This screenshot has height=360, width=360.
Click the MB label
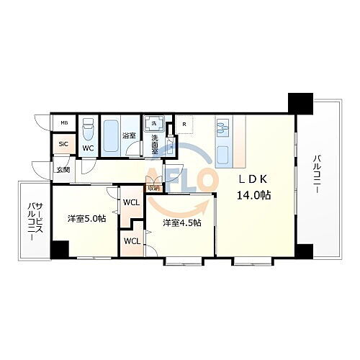pos(63,123)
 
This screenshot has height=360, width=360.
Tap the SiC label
pos(63,144)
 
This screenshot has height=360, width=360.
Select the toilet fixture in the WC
pos(88,132)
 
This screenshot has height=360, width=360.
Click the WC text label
pos(88,148)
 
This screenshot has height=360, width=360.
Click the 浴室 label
pos(130,135)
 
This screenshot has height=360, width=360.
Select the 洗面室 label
pos(154,142)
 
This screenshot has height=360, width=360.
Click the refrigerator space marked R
pos(185,125)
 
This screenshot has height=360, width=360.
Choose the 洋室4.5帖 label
pos(181,222)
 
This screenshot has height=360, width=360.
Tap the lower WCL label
pos(132,241)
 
